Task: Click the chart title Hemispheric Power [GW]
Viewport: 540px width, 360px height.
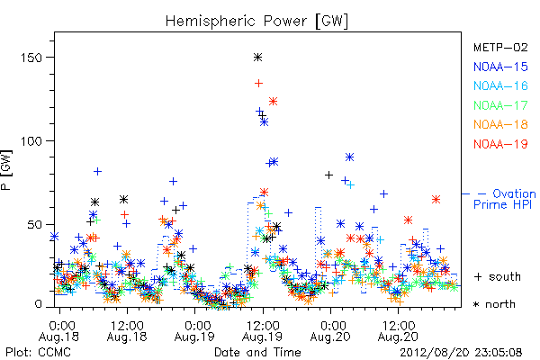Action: point(256,22)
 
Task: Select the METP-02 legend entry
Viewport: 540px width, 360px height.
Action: point(500,47)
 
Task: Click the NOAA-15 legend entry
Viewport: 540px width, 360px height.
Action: point(500,67)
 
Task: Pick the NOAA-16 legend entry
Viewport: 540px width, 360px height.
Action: point(500,85)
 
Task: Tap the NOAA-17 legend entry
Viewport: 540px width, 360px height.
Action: point(500,105)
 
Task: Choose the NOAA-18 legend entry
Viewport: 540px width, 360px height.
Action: point(500,124)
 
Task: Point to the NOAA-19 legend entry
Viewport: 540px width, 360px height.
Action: point(500,144)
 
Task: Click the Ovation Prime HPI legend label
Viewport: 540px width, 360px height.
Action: point(504,199)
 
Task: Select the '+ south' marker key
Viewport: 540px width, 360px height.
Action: point(498,276)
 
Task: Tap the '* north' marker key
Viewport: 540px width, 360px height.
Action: point(494,304)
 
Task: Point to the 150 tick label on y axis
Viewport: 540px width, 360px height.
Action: point(31,58)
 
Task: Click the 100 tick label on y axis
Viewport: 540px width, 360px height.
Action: point(31,141)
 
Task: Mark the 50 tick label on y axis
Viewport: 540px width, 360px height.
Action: point(34,225)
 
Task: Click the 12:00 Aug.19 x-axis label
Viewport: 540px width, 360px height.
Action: point(263,331)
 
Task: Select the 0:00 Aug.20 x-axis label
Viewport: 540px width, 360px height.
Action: point(330,331)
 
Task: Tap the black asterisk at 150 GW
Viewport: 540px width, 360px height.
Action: point(258,58)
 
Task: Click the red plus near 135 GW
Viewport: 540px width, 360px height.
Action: point(258,83)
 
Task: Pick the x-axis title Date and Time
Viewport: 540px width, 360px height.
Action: point(257,353)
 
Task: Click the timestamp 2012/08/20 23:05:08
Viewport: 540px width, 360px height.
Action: point(461,353)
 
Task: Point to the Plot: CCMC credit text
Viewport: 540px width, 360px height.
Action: point(38,353)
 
